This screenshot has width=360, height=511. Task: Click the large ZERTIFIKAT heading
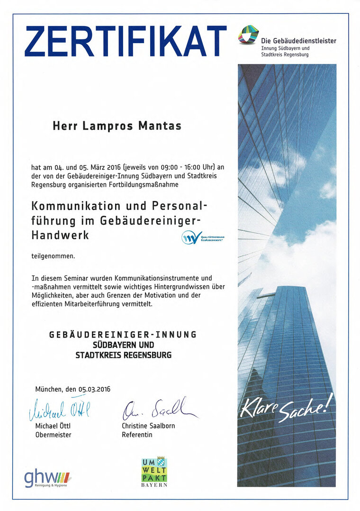point(126,41)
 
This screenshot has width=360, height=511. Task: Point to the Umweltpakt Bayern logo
point(154,472)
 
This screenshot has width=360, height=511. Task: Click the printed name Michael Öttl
point(53,426)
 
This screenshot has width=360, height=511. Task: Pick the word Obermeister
point(53,435)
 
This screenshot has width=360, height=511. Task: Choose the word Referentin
point(137,435)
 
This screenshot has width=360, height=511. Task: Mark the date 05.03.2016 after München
point(94,389)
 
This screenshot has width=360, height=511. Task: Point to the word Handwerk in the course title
point(60,234)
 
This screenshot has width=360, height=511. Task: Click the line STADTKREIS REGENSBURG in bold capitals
point(123,355)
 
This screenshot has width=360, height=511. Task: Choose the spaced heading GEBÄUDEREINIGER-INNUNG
point(123,335)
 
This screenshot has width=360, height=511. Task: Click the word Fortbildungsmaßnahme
point(143,184)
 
